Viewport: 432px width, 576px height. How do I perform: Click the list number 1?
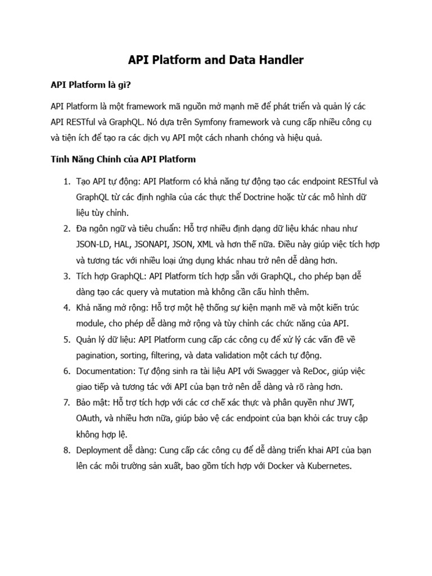66,182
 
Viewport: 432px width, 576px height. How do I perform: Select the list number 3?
66,277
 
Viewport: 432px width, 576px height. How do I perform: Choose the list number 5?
66,340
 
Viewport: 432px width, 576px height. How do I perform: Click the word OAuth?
90,419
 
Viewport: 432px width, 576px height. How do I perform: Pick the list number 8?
66,451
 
